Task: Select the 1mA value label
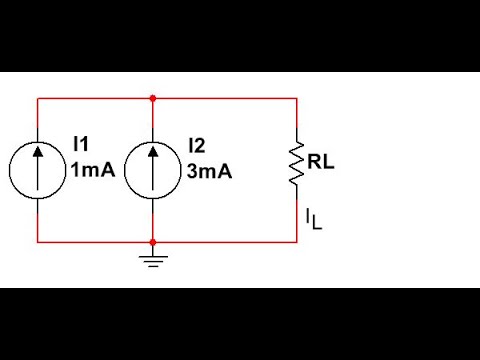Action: click(x=92, y=171)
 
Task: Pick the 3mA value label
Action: click(x=209, y=171)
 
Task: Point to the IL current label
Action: click(x=313, y=218)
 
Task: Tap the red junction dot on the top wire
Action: click(x=152, y=98)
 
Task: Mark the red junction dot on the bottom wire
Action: click(x=152, y=241)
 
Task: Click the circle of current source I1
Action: click(x=37, y=170)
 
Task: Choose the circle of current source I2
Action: click(x=152, y=170)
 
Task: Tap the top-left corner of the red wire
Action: click(x=37, y=98)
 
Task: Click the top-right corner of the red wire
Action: click(x=297, y=98)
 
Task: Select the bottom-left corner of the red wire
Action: click(x=37, y=241)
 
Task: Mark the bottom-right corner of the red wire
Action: click(x=297, y=241)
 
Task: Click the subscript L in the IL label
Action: click(x=318, y=223)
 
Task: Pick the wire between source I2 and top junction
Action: click(x=152, y=120)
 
